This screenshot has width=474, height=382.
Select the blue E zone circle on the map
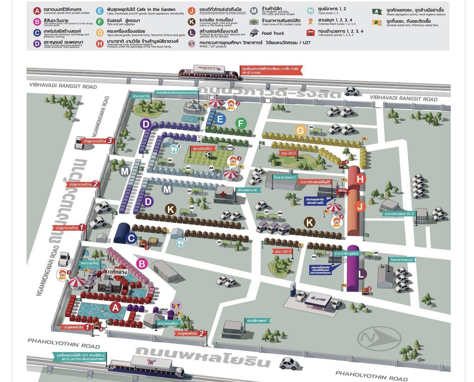coord(220,119)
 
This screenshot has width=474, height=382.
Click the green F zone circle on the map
coord(241,123)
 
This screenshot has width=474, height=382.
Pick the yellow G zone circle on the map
coord(301,130)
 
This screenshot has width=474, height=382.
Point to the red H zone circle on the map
coord(360,179)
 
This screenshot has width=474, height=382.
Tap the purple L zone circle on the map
coord(361,274)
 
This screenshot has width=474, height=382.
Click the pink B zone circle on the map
coord(142,264)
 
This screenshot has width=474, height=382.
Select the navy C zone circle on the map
coord(131,238)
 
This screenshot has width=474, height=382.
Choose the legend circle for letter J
coord(191,11)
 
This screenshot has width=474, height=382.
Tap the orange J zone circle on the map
coord(360,207)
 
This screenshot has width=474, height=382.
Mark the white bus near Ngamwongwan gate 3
coord(79,143)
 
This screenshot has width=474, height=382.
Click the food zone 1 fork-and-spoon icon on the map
coord(180,242)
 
